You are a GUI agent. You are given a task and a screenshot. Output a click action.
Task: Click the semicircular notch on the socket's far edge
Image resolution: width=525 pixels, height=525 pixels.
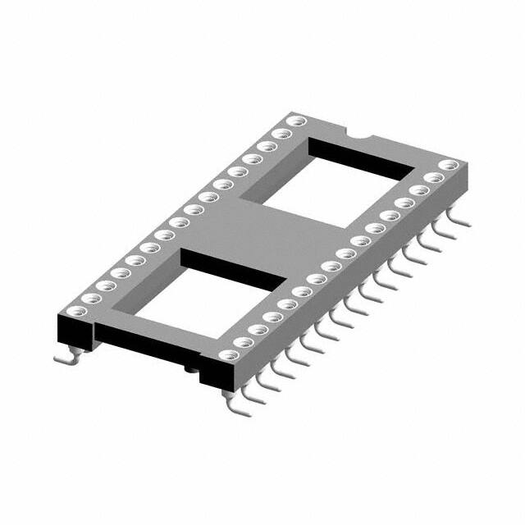(358, 133)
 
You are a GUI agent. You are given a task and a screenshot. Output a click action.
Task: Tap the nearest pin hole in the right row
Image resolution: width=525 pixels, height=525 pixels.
(232, 354)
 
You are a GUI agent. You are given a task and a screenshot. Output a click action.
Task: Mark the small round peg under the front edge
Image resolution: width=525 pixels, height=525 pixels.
(190, 372)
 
